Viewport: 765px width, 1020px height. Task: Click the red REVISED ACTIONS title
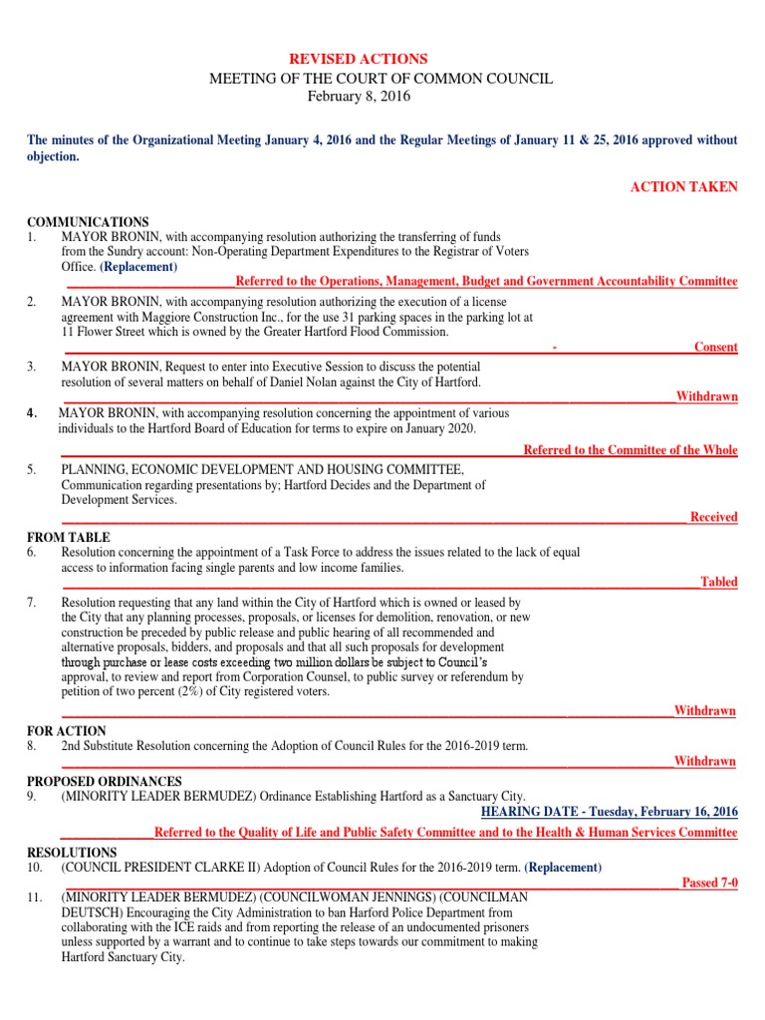click(358, 60)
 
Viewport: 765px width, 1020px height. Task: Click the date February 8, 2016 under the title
click(359, 97)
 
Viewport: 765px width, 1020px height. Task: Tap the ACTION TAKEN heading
click(684, 187)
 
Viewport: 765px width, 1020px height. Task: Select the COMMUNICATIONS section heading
click(88, 222)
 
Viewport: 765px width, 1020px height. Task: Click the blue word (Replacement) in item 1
click(139, 267)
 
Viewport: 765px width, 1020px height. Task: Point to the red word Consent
click(716, 348)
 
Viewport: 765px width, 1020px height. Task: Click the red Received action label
click(713, 517)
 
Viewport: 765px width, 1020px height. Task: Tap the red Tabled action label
click(718, 582)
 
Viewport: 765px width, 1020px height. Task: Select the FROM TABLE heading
click(69, 538)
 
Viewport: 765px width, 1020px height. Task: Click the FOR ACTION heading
click(67, 731)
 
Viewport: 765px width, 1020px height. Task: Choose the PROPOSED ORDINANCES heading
click(105, 781)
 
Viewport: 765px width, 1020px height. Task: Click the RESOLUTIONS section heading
click(72, 853)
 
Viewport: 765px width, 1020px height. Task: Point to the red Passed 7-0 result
click(709, 883)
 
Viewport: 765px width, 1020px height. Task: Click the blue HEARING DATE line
click(610, 812)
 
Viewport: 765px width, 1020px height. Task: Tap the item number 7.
click(32, 603)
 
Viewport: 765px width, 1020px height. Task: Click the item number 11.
click(35, 898)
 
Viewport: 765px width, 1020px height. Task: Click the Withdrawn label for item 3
click(707, 396)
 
